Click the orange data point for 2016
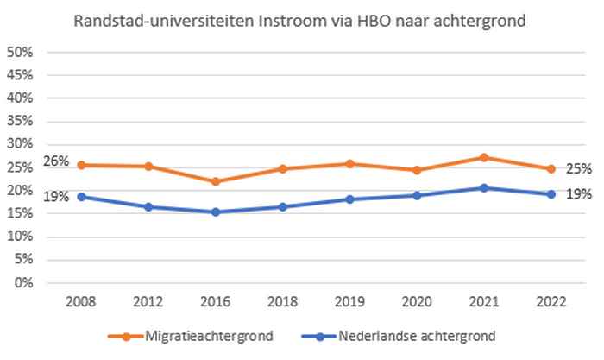pos(215,182)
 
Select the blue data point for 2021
pos(484,188)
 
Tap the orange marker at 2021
pos(484,158)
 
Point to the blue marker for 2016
pos(215,212)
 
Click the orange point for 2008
pos(81,165)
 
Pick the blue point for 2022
pos(551,194)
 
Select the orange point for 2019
pos(349,163)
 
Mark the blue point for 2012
pos(148,207)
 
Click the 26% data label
pos(55,161)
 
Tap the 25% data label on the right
pos(578,169)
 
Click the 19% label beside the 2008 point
pos(55,196)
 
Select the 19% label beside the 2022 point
pos(578,195)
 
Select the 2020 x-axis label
pos(417,302)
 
